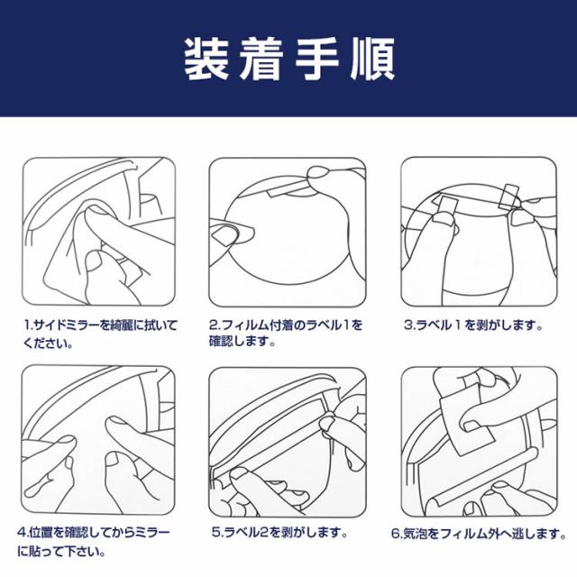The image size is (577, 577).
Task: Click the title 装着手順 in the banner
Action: pyautogui.click(x=289, y=59)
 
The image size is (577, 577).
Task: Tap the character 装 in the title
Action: pyautogui.click(x=206, y=59)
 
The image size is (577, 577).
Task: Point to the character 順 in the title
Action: pyautogui.click(x=372, y=59)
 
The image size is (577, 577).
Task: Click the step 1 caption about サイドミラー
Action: pyautogui.click(x=100, y=334)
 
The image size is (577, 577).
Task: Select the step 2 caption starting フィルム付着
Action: pyautogui.click(x=286, y=333)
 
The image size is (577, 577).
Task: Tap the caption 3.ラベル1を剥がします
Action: pyautogui.click(x=473, y=325)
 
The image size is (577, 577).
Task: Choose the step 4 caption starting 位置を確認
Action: pyautogui.click(x=94, y=541)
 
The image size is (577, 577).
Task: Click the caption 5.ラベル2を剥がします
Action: pyautogui.click(x=279, y=533)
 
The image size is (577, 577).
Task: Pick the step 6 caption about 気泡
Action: pyautogui.click(x=479, y=534)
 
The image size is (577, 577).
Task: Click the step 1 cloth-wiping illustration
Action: pyautogui.click(x=98, y=232)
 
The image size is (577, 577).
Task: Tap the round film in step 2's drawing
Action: pyautogui.click(x=288, y=231)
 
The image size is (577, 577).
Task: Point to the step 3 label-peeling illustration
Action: pyautogui.click(x=479, y=232)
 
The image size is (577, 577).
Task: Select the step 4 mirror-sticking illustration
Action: pyautogui.click(x=98, y=440)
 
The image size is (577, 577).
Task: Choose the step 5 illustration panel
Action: pyautogui.click(x=288, y=442)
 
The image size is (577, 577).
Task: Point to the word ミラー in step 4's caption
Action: pyautogui.click(x=151, y=533)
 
